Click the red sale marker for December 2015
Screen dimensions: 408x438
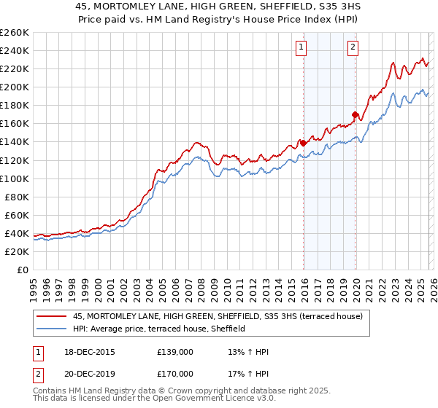tap(303, 143)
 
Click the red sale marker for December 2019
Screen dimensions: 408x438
tap(355, 114)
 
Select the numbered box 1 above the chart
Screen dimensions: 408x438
tap(301, 48)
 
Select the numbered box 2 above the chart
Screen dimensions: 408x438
tap(353, 48)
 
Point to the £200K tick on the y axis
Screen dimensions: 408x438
tap(15, 87)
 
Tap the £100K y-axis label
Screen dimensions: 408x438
tap(15, 178)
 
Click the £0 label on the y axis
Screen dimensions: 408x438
tap(22, 270)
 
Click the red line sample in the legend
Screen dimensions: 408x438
tap(52, 315)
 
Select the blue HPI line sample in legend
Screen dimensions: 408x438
tap(52, 329)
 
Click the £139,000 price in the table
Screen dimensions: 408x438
tap(175, 352)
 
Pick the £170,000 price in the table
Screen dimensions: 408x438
tap(175, 374)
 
